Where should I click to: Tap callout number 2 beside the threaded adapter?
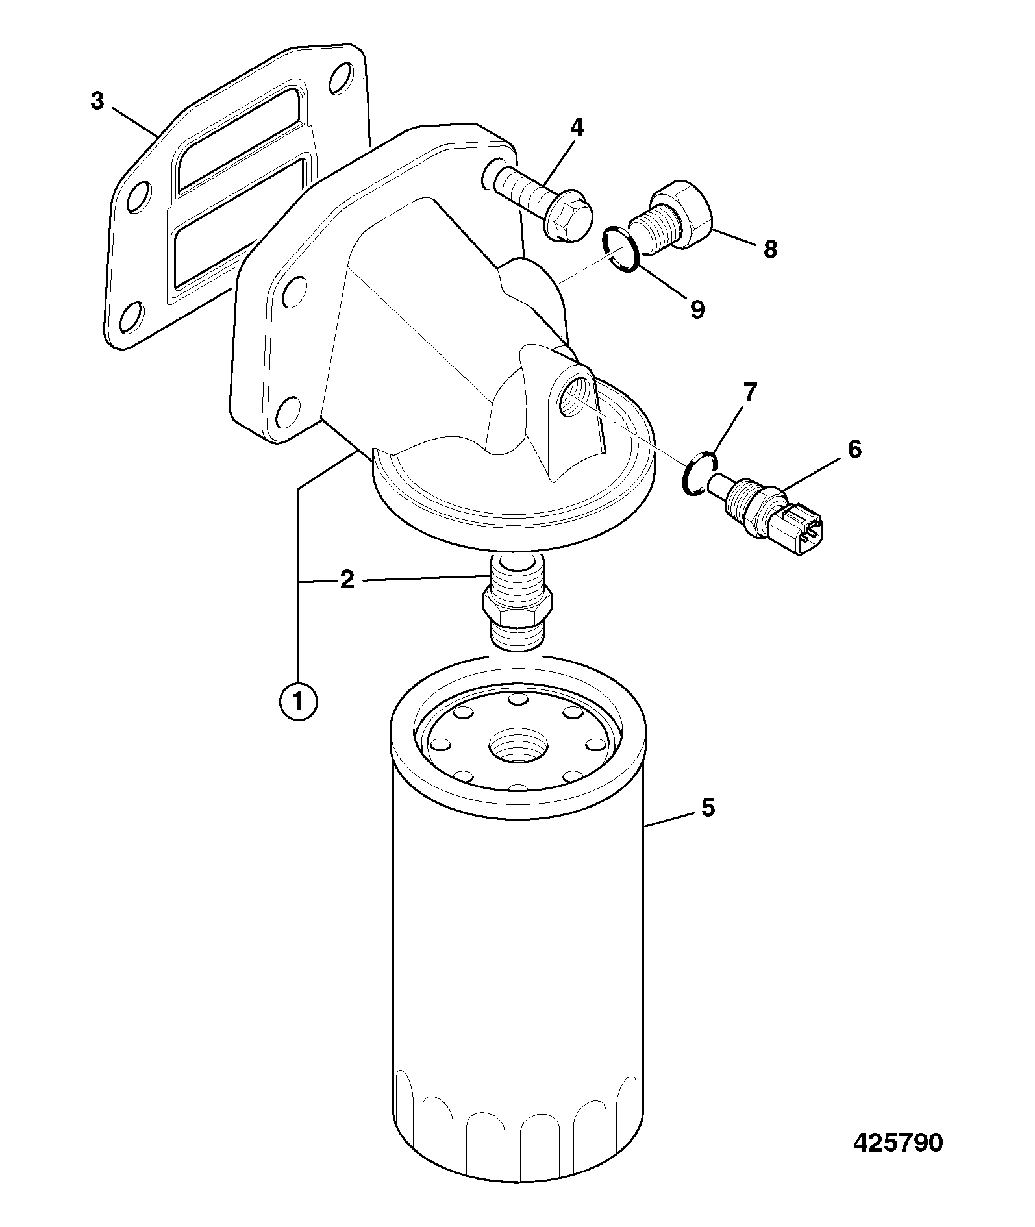(x=347, y=579)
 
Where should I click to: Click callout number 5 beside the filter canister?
(x=708, y=808)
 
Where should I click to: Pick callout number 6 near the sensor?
(x=854, y=449)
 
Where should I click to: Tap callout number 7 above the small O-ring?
(x=750, y=392)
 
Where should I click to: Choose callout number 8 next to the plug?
(x=770, y=249)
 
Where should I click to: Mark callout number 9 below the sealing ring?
(x=697, y=309)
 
